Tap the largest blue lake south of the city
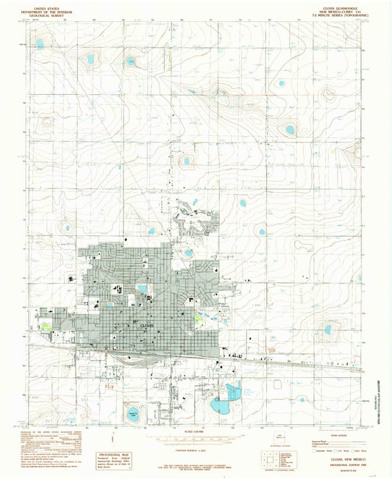coord(221,404)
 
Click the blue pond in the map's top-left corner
coord(40,43)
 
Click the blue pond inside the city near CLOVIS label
coord(141,288)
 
